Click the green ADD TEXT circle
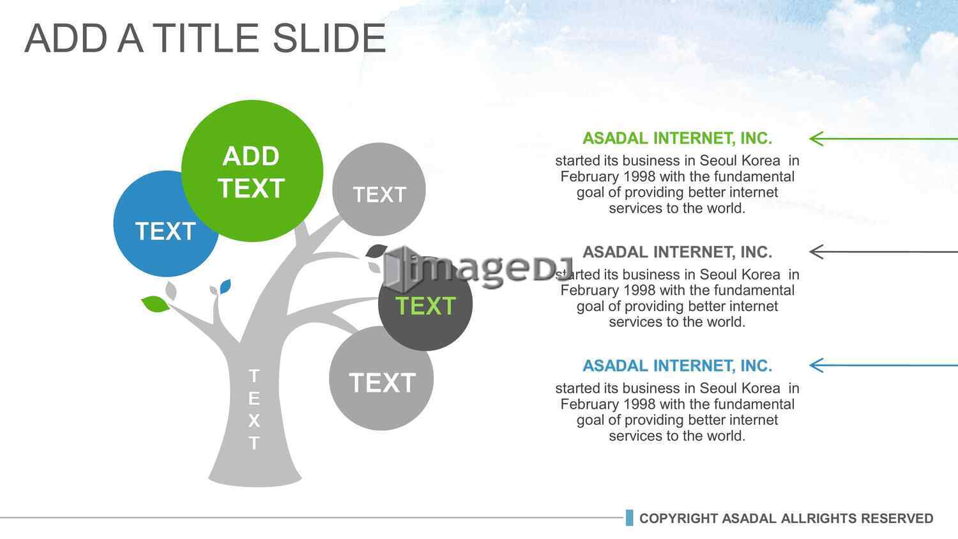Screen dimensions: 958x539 point(252,171)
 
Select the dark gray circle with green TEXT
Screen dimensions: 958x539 point(425,305)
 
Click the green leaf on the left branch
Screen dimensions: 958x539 point(155,304)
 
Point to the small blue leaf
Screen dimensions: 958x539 point(225,286)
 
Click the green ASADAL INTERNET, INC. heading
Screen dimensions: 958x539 point(678,139)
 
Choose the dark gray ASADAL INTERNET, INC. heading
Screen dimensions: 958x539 point(678,252)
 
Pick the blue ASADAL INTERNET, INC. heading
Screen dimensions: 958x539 point(678,366)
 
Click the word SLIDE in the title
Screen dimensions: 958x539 point(330,38)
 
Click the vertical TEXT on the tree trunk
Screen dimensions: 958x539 point(254,409)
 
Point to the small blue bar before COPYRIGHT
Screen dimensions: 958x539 point(630,518)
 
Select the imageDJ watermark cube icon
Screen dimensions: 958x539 point(395,268)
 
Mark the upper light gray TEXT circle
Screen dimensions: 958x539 point(379,189)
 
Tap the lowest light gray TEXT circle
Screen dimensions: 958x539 point(381,379)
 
